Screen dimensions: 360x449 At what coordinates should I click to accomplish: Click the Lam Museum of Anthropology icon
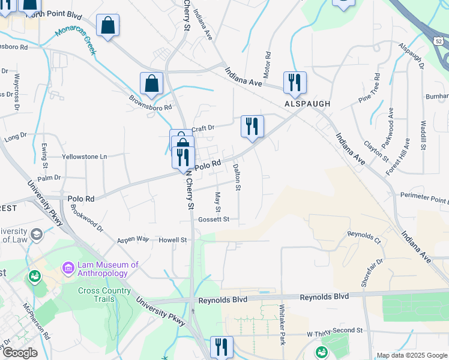pyautogui.click(x=68, y=267)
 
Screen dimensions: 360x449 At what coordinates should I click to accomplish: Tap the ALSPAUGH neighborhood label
pyautogui.click(x=307, y=104)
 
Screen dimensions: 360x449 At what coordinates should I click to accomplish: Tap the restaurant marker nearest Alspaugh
pyautogui.click(x=295, y=82)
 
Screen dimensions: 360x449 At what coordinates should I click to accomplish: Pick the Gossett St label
pyautogui.click(x=214, y=220)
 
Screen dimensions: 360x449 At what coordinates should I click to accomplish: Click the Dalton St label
pyautogui.click(x=237, y=178)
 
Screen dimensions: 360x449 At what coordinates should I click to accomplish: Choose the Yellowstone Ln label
pyautogui.click(x=85, y=157)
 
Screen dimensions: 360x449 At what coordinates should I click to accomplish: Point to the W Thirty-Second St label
pyautogui.click(x=334, y=331)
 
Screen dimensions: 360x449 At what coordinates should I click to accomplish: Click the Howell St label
pyautogui.click(x=173, y=240)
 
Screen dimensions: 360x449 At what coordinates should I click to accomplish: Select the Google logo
pyautogui.click(x=20, y=353)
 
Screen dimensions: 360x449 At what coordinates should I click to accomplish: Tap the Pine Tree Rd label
pyautogui.click(x=370, y=88)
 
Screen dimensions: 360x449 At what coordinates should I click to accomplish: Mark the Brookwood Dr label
pyautogui.click(x=87, y=218)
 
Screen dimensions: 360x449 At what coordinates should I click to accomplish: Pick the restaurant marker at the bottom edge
pyautogui.click(x=221, y=347)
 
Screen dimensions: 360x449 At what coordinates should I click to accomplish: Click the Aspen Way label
pyautogui.click(x=133, y=239)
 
